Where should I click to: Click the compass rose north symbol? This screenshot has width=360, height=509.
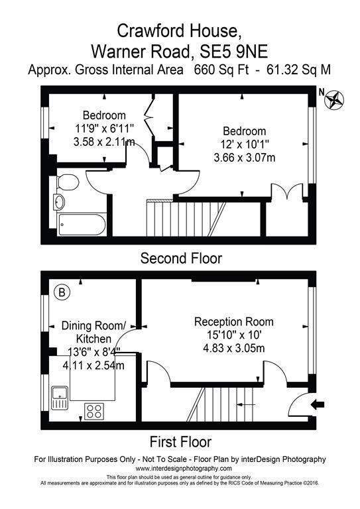click(x=334, y=99)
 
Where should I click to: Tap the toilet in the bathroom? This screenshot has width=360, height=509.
click(x=68, y=182)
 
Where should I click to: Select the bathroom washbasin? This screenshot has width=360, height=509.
click(x=59, y=202)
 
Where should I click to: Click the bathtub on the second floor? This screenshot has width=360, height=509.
click(x=81, y=224)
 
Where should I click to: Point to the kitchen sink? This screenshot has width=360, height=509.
click(x=60, y=398)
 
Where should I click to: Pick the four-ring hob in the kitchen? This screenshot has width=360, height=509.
click(x=94, y=411)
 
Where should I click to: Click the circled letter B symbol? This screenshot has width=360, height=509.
click(x=62, y=292)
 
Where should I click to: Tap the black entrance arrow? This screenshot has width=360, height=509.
click(x=318, y=404)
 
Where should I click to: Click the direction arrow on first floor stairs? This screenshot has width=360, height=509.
click(x=246, y=404)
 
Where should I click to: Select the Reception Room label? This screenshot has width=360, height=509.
click(x=234, y=321)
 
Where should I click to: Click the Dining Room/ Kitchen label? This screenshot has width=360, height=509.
click(x=94, y=332)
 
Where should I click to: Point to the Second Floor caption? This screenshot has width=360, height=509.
click(x=181, y=258)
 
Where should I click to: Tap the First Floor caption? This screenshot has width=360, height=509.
click(x=180, y=442)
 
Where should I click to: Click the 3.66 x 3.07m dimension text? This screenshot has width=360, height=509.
click(x=245, y=158)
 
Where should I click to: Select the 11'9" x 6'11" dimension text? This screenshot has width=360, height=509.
click(x=105, y=129)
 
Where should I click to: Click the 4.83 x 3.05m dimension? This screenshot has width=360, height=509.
click(x=234, y=349)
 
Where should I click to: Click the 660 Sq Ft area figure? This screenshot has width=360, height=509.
click(x=221, y=70)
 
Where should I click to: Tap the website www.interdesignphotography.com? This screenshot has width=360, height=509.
click(x=184, y=469)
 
